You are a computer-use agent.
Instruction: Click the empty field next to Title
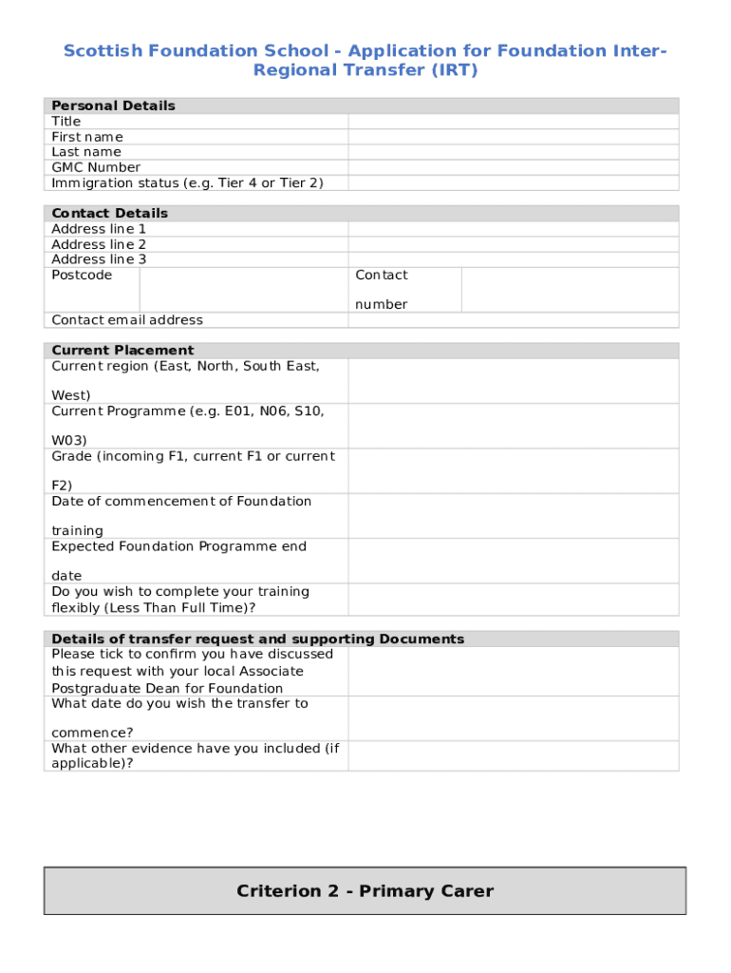(513, 122)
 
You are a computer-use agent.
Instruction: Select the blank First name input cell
(513, 137)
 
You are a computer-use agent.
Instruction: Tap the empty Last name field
(513, 152)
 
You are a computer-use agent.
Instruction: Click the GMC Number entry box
(513, 167)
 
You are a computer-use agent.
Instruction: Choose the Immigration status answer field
(513, 182)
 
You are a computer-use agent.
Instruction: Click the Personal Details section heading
(113, 105)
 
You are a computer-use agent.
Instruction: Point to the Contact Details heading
(109, 213)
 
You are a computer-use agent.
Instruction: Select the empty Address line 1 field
(513, 229)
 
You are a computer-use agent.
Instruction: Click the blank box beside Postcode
(243, 289)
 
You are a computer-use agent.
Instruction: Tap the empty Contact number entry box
(570, 289)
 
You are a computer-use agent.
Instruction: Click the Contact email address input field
(513, 320)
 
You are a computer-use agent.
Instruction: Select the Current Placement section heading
(122, 350)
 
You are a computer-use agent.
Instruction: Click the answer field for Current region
(513, 380)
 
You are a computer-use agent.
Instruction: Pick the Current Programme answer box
(513, 426)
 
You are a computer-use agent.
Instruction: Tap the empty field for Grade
(513, 470)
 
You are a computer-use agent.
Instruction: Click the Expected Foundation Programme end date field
(513, 561)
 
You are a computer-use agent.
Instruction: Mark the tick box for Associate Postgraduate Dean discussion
(513, 671)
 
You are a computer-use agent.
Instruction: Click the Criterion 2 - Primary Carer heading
(365, 891)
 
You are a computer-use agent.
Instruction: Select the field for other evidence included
(513, 755)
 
